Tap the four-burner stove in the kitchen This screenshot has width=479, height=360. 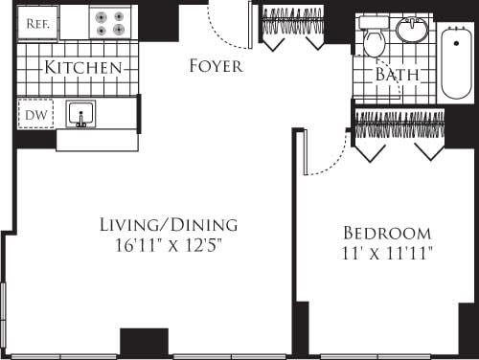pyautogui.click(x=110, y=23)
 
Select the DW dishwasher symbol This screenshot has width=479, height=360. pyautogui.click(x=34, y=115)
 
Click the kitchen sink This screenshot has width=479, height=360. pyautogui.click(x=82, y=115)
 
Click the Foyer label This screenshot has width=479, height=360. pyautogui.click(x=216, y=66)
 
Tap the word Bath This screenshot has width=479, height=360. pyautogui.click(x=396, y=75)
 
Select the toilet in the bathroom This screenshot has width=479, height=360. pyautogui.click(x=372, y=39)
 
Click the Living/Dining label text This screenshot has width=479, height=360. pyautogui.click(x=168, y=226)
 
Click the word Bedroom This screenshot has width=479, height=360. pyautogui.click(x=387, y=233)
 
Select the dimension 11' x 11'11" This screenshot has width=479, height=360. pyautogui.click(x=387, y=254)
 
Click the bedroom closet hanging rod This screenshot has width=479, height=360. pyautogui.click(x=400, y=119)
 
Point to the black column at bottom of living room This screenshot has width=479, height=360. pyautogui.click(x=144, y=343)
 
